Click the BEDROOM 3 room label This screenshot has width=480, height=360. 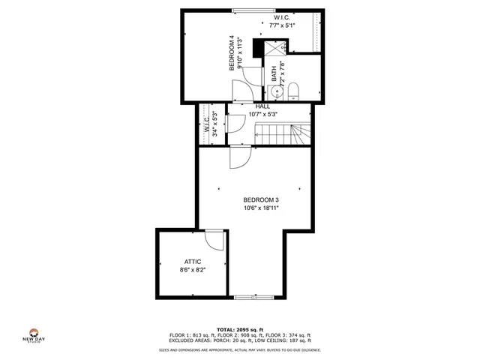(260, 199)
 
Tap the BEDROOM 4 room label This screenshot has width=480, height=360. (232, 53)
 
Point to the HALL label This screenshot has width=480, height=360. (262, 106)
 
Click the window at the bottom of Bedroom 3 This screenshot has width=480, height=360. (252, 297)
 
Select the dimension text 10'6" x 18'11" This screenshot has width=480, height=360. (260, 208)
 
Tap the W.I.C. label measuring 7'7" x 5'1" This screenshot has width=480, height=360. (283, 16)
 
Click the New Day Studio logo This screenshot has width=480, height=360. (34, 335)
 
